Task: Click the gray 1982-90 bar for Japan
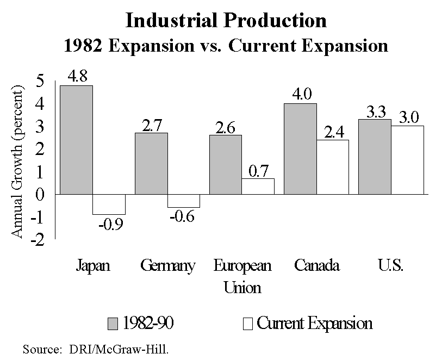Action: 76,139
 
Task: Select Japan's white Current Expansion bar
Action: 109,204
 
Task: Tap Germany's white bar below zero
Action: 184,201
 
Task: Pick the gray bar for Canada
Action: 300,148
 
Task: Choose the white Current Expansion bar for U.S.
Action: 407,160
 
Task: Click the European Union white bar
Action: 258,186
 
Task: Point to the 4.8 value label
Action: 76,76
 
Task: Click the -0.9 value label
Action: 110,224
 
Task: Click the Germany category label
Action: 167,266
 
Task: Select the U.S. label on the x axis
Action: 390,266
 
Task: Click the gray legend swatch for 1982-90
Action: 112,324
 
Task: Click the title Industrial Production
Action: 226,21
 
